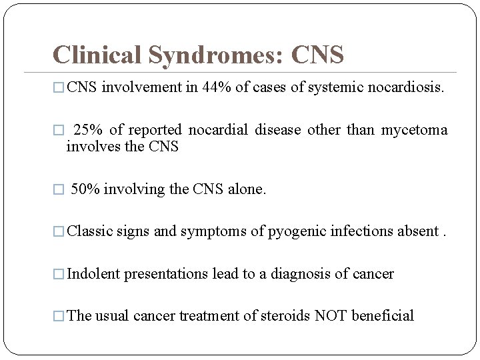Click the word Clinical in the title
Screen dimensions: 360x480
coord(97,55)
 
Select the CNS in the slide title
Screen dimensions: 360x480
coord(317,55)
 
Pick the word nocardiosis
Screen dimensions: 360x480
coord(406,87)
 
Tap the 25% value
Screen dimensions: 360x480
coord(85,129)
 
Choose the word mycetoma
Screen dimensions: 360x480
coord(414,130)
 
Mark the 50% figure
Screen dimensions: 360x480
coord(84,189)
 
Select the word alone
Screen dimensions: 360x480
coord(247,189)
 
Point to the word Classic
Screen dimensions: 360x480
coord(90,231)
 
